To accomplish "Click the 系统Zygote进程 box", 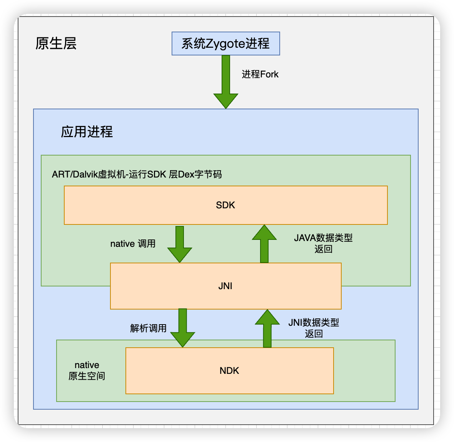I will tap(225, 44).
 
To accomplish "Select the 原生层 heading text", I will tap(56, 44).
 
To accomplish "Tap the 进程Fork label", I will tap(260, 74).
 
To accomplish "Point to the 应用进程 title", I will tap(87, 132).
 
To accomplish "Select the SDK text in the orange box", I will tap(225, 205).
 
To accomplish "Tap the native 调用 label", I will tap(133, 244).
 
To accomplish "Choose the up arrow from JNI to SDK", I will tap(264, 244).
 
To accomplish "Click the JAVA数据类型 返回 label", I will tap(323, 243).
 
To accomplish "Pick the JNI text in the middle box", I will tap(225, 286).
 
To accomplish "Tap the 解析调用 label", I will tap(148, 328).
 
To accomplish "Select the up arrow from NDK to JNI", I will tap(267, 328).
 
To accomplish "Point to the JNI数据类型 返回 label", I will tap(314, 328).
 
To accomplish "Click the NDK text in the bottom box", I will tap(229, 371).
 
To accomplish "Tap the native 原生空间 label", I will tap(87, 370).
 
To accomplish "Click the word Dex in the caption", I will tap(187, 174).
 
